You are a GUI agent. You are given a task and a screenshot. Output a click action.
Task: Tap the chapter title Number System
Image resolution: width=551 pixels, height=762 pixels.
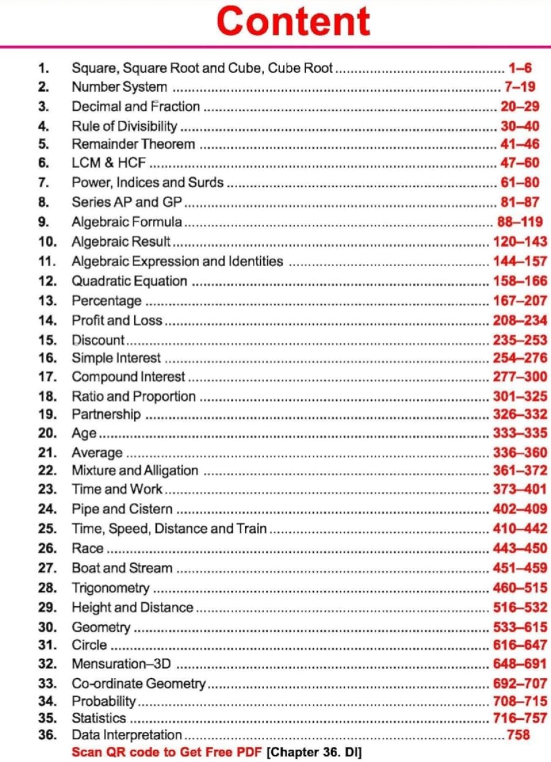(x=119, y=87)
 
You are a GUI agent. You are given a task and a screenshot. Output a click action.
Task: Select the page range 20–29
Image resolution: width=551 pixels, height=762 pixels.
(x=520, y=106)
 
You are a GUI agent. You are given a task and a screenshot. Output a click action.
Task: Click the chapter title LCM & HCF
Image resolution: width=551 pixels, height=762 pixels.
(x=110, y=164)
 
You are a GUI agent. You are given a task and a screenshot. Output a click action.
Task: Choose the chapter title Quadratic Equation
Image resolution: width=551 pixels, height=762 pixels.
(x=129, y=281)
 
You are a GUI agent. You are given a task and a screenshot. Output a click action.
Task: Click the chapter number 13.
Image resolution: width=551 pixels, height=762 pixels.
(x=47, y=301)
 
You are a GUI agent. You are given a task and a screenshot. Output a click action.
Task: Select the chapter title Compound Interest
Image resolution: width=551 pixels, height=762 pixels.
(x=128, y=377)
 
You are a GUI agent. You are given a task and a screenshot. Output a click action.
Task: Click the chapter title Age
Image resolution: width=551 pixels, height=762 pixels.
(x=84, y=434)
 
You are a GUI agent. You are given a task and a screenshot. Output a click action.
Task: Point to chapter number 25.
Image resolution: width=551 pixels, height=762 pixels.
(x=47, y=528)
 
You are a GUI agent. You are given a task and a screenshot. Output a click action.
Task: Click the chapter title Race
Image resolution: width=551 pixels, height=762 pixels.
(x=88, y=548)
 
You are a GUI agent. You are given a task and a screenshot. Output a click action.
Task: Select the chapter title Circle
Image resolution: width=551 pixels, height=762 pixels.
(x=89, y=645)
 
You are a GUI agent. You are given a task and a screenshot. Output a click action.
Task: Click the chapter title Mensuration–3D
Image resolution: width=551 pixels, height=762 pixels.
(x=121, y=664)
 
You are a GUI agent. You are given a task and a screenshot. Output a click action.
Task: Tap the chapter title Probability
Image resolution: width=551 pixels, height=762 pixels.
(x=104, y=701)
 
